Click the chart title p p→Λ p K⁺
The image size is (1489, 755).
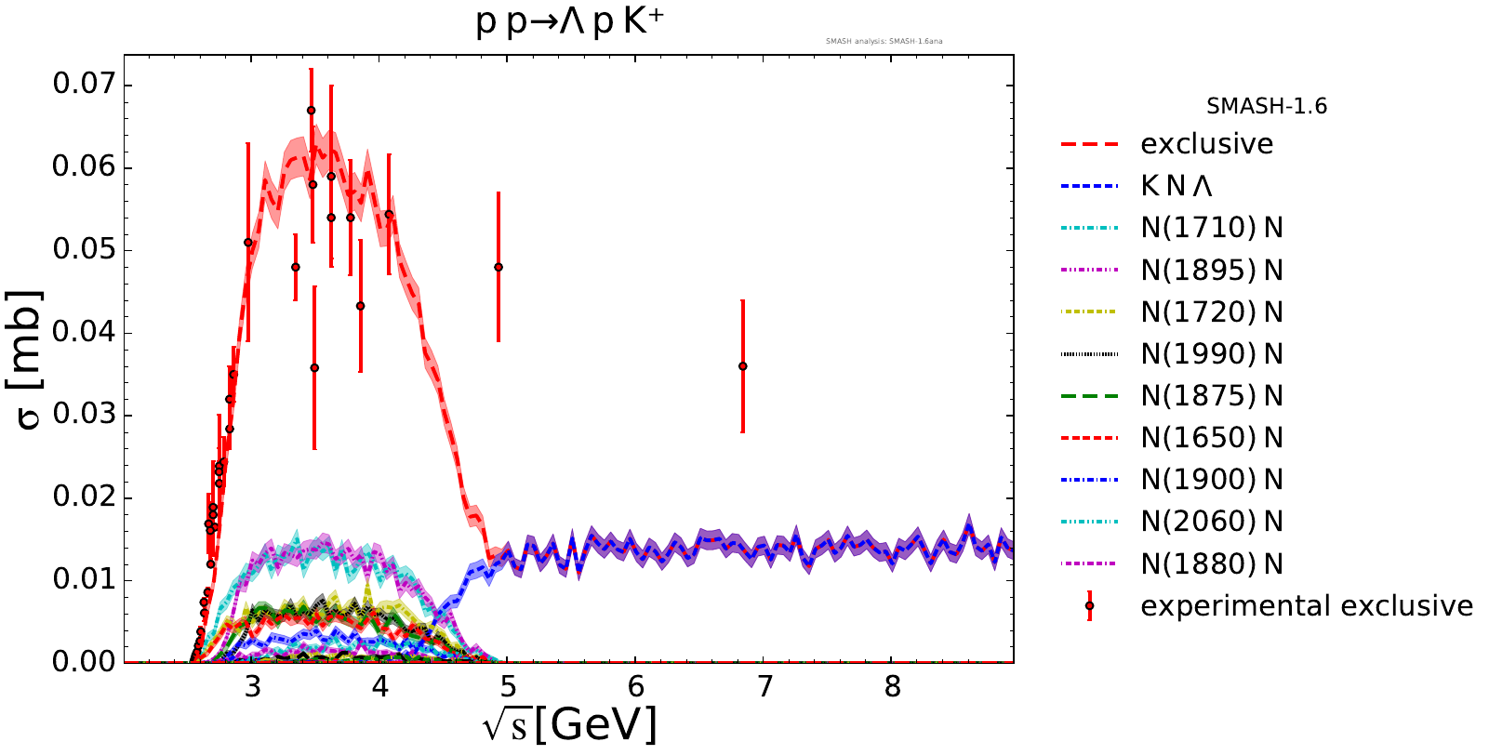[x=569, y=21]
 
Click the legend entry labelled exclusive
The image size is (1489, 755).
[x=1206, y=144]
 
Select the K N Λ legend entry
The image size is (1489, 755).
[x=1177, y=186]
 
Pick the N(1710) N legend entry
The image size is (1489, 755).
[x=1211, y=228]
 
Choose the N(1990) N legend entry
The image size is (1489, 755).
[x=1211, y=354]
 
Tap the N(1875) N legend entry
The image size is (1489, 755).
[x=1211, y=396]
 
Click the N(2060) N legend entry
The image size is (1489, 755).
[x=1211, y=522]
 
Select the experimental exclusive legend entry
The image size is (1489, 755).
[x=1306, y=606]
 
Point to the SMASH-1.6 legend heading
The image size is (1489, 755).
[x=1266, y=107]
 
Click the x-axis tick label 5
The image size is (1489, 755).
[x=508, y=687]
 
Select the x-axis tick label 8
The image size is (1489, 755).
[x=892, y=687]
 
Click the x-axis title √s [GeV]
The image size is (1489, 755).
[x=569, y=724]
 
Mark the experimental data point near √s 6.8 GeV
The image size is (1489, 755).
[x=742, y=366]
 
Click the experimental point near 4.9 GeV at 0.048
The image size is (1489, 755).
[x=499, y=267]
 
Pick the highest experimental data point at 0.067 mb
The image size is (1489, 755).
[x=311, y=110]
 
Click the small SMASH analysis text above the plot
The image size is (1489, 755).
[x=884, y=41]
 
